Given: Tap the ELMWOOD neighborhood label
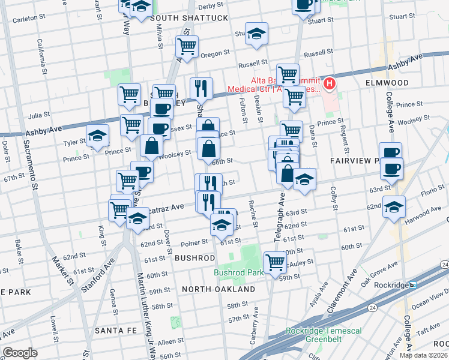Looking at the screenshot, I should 388,83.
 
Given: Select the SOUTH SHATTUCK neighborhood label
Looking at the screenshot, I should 189,19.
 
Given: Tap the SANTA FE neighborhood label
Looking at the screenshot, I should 117,331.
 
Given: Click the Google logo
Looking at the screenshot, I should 20,353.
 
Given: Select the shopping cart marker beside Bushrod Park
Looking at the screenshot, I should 275,262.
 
